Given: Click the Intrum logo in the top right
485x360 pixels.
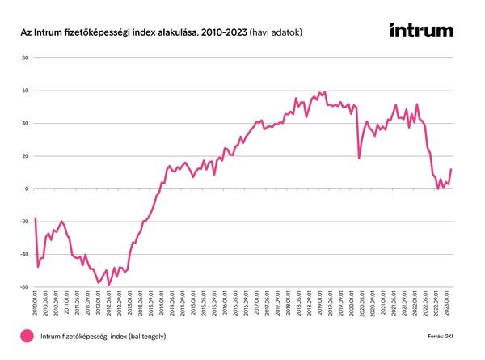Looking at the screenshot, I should point(421,31).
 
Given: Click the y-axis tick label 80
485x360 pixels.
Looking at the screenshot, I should point(25,58).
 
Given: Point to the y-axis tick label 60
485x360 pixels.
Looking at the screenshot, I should point(25,91).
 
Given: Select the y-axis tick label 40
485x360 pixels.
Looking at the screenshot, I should point(25,124).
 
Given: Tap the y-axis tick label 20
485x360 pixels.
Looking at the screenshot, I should point(25,156).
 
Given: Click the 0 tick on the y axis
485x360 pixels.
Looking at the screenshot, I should point(27,188).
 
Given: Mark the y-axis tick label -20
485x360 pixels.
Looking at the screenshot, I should point(24,222).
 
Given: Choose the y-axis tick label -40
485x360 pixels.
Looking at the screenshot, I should point(24,254).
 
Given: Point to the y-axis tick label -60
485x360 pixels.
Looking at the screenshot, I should point(24,287).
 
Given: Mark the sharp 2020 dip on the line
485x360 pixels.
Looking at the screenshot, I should point(359,158).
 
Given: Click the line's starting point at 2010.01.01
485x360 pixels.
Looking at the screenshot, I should point(36,218).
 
